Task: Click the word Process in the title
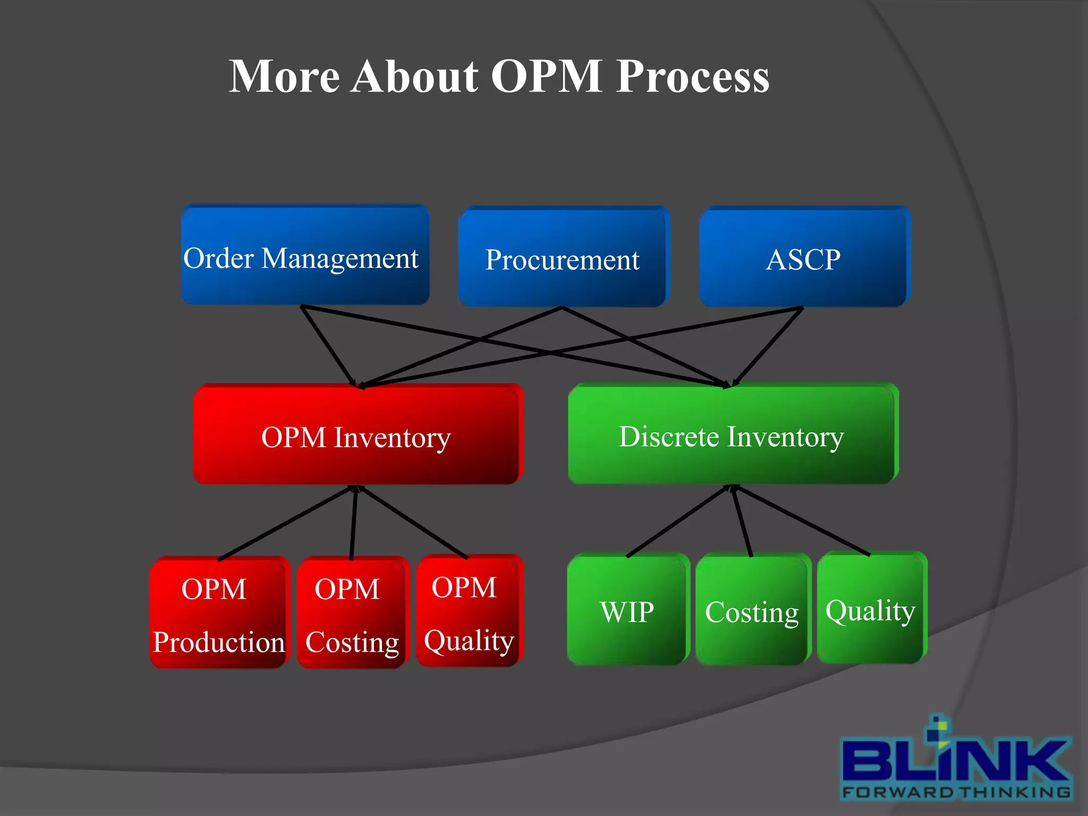pos(693,76)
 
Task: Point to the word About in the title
pos(414,76)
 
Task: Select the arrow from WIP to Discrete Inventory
pos(677,522)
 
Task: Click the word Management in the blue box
pos(340,259)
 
